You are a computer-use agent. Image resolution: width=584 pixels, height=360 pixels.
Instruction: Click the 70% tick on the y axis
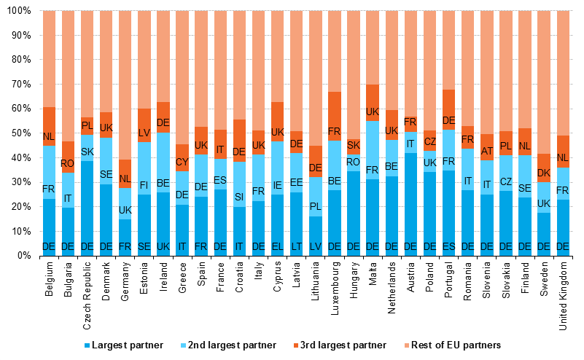point(20,85)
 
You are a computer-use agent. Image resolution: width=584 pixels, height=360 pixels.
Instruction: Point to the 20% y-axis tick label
point(20,207)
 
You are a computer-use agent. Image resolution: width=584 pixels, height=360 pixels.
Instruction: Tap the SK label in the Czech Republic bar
point(87,152)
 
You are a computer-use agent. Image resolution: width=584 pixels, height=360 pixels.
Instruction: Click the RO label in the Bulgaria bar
point(69,164)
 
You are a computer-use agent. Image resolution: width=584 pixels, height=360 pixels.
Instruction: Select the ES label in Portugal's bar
point(448,247)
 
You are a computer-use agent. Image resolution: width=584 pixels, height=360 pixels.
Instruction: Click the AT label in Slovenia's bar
point(486,151)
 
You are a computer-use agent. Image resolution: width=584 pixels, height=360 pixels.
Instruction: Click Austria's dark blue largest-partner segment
point(410,204)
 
